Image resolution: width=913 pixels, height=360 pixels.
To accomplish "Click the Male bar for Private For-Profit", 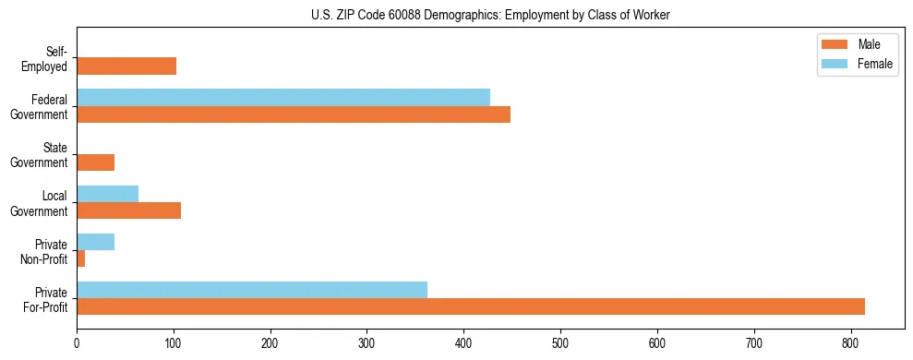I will (471, 306).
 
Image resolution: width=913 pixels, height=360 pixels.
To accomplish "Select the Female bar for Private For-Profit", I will (252, 290).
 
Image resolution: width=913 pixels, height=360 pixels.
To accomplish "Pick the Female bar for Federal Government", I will (283, 98).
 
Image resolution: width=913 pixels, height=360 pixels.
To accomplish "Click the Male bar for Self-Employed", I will (126, 66).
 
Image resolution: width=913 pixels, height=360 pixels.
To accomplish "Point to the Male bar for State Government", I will (96, 162).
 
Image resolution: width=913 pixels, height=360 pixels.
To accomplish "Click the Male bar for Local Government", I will (129, 210).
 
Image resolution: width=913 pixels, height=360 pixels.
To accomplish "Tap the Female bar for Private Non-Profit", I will (96, 242).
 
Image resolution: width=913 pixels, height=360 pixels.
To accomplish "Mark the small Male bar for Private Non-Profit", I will (81, 258).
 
